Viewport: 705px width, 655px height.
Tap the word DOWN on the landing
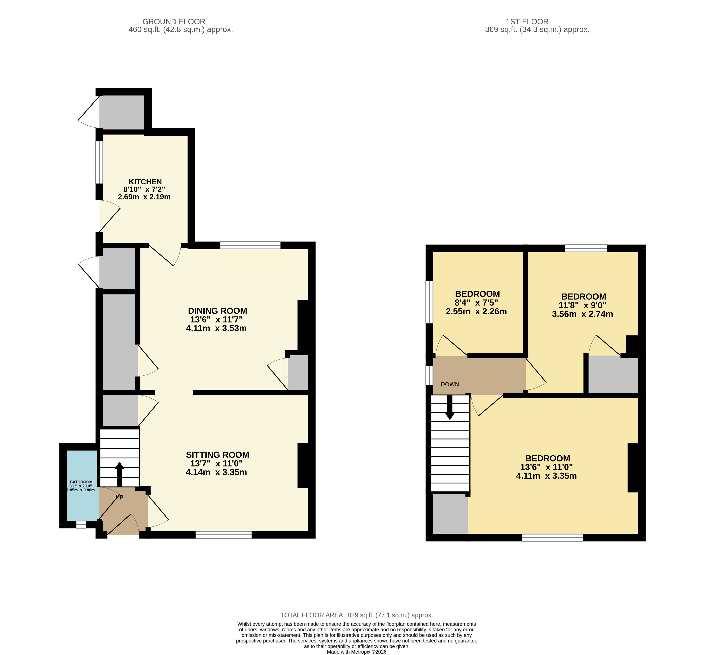coord(450,384)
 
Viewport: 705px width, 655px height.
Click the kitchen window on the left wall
coord(100,162)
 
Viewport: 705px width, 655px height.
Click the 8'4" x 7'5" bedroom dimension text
coord(476,303)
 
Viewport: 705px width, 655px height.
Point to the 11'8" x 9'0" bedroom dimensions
coord(582,305)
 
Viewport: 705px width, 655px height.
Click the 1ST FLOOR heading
coord(527,22)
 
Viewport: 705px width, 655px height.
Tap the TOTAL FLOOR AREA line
coord(357,615)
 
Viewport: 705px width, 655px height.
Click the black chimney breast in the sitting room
coord(303,465)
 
